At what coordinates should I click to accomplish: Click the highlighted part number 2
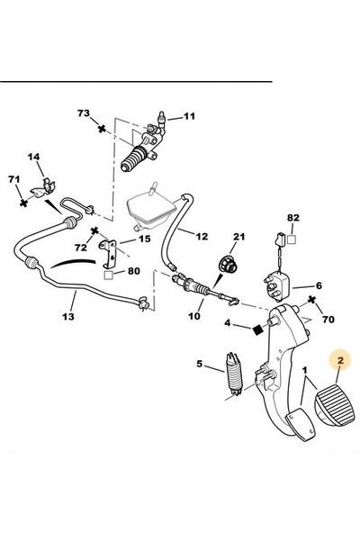(x=340, y=361)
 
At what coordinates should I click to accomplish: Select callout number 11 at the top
(x=189, y=117)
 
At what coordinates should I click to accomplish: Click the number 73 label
(x=84, y=114)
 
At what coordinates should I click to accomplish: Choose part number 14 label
(x=33, y=159)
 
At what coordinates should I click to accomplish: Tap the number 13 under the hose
(x=68, y=316)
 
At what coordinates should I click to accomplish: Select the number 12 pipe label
(x=200, y=236)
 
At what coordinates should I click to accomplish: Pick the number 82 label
(x=292, y=219)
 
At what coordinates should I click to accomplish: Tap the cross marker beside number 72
(x=94, y=230)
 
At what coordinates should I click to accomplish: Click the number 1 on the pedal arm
(x=305, y=370)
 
